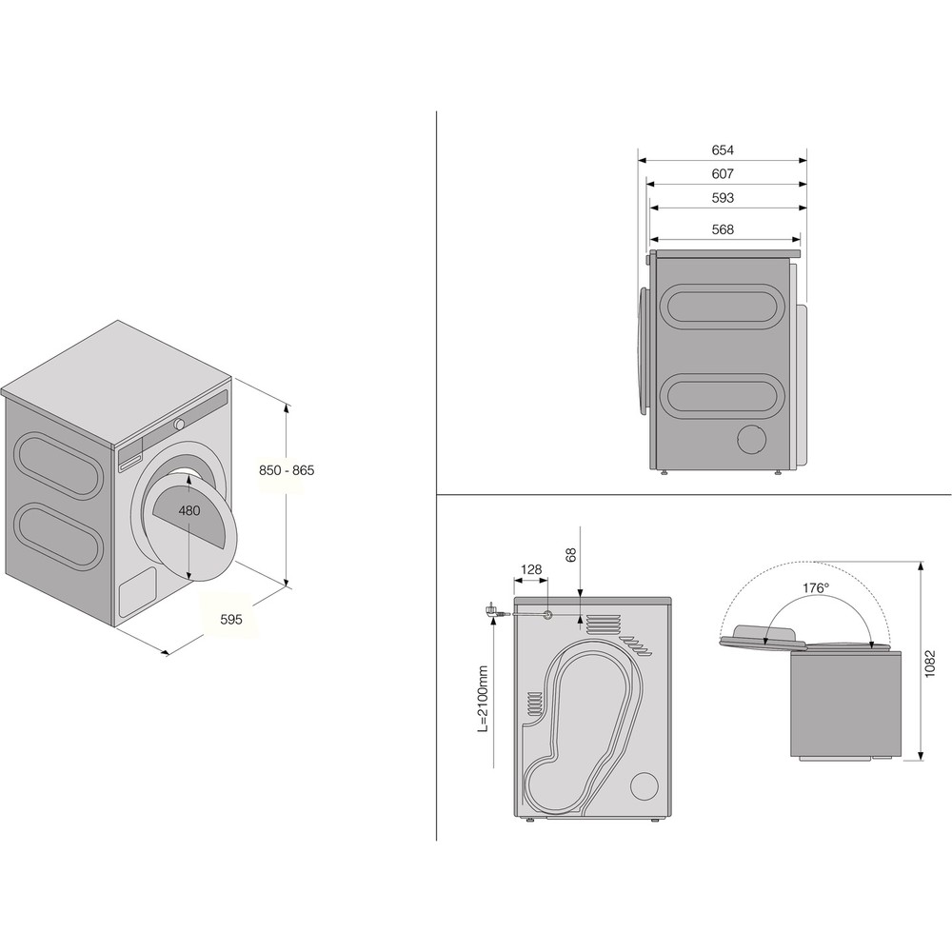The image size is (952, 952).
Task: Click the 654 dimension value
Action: coord(723,150)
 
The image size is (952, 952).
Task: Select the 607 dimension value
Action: coord(723,174)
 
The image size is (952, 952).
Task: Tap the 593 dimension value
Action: coord(723,198)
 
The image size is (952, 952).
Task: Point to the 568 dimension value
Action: coord(723,229)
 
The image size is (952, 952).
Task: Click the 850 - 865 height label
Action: coord(288,470)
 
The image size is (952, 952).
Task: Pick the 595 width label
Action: coord(231,619)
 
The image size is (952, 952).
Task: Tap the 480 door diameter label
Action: coord(189,510)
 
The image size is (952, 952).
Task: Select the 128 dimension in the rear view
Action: coord(531,570)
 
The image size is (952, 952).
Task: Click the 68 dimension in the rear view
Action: coord(572,555)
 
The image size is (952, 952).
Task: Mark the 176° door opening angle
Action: coord(815,588)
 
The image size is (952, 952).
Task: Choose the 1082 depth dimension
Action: coord(930,661)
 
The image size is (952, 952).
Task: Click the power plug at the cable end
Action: coord(494,613)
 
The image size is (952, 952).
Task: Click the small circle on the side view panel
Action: coord(753,439)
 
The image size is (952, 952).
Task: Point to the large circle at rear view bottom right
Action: coord(644,785)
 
